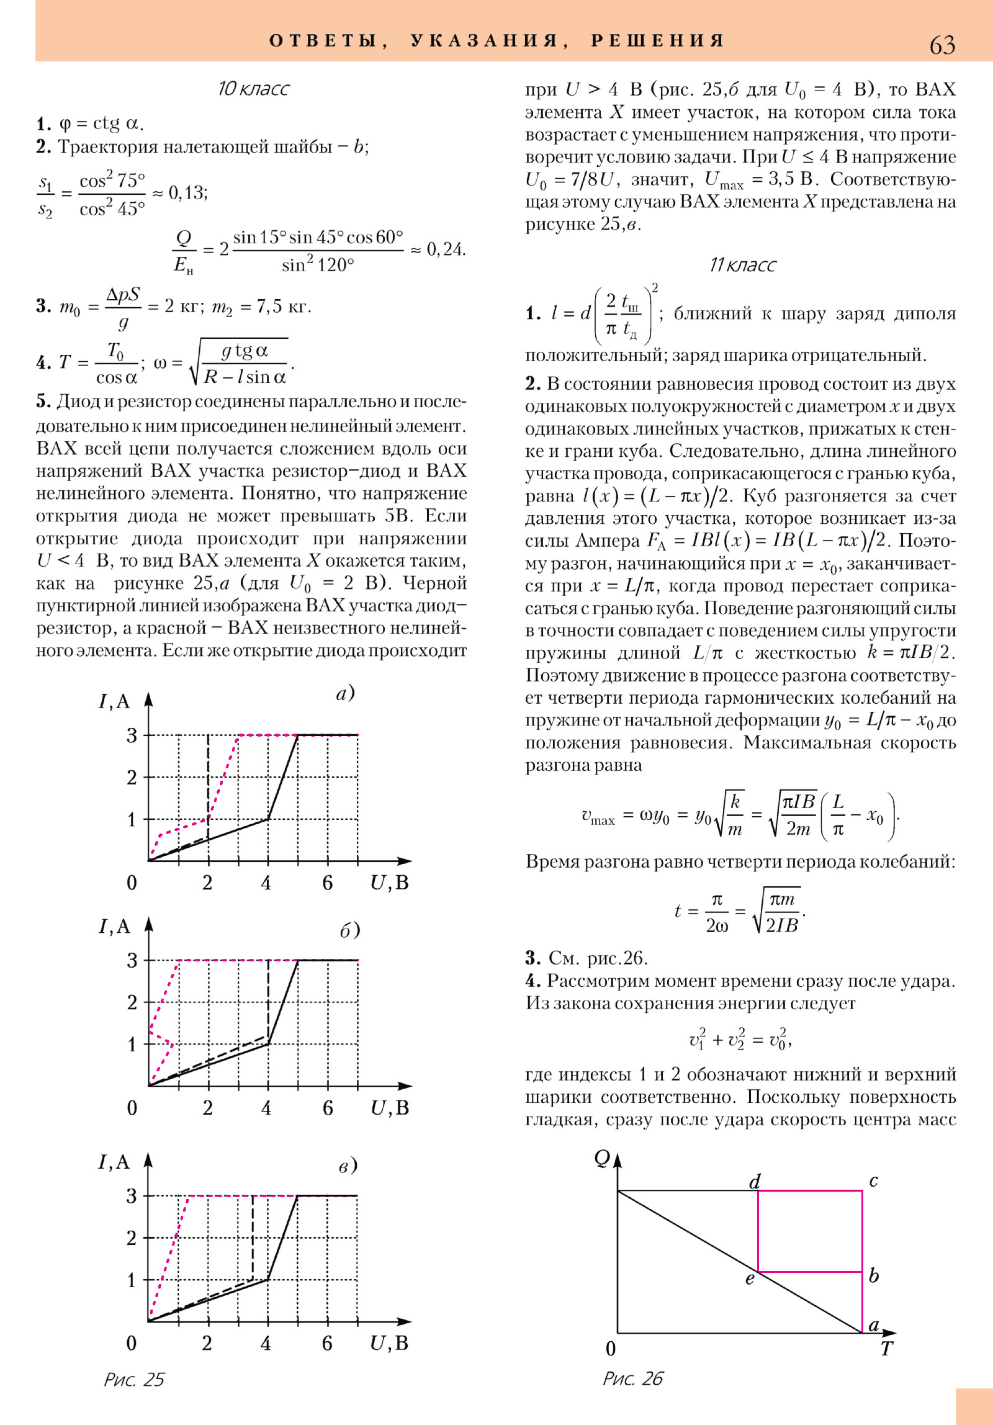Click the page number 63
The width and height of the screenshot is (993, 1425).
[941, 45]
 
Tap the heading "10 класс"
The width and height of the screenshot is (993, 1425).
[253, 89]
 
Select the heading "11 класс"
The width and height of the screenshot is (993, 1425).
[742, 265]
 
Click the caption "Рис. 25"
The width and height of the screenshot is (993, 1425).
[134, 1380]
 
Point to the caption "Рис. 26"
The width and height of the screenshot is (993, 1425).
[633, 1378]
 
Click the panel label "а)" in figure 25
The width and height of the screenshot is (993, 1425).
[345, 693]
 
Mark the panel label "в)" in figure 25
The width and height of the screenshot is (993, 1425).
[348, 1166]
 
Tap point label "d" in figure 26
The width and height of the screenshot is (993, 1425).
[755, 1182]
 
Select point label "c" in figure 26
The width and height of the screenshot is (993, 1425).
[873, 1180]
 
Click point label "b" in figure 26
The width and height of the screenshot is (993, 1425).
[874, 1275]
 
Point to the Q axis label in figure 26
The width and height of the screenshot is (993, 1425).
[602, 1158]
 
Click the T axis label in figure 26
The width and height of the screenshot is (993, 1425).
[887, 1349]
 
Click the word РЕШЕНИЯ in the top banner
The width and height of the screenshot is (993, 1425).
[658, 41]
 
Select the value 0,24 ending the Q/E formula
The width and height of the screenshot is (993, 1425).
[446, 249]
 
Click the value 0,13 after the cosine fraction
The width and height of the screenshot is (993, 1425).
[187, 193]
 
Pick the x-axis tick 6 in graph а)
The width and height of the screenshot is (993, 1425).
[328, 883]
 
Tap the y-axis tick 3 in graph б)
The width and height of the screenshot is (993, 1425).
[132, 961]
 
